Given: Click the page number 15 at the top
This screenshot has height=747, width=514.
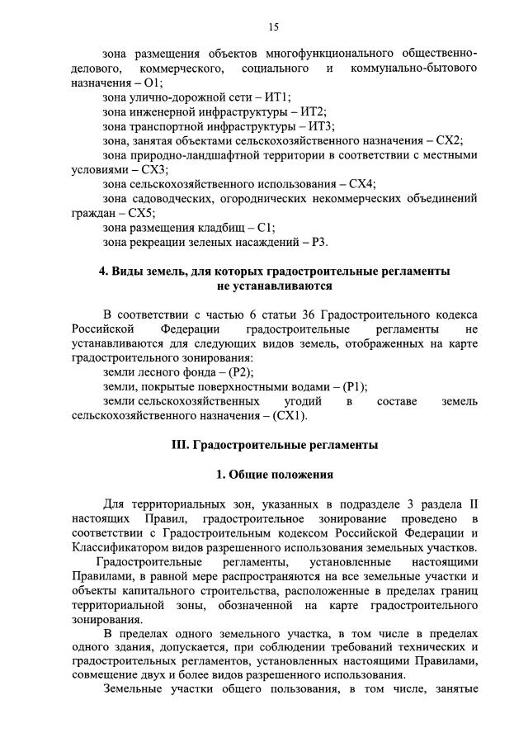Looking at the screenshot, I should [273, 27].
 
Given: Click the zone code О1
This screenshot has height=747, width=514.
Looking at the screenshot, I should [153, 83].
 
